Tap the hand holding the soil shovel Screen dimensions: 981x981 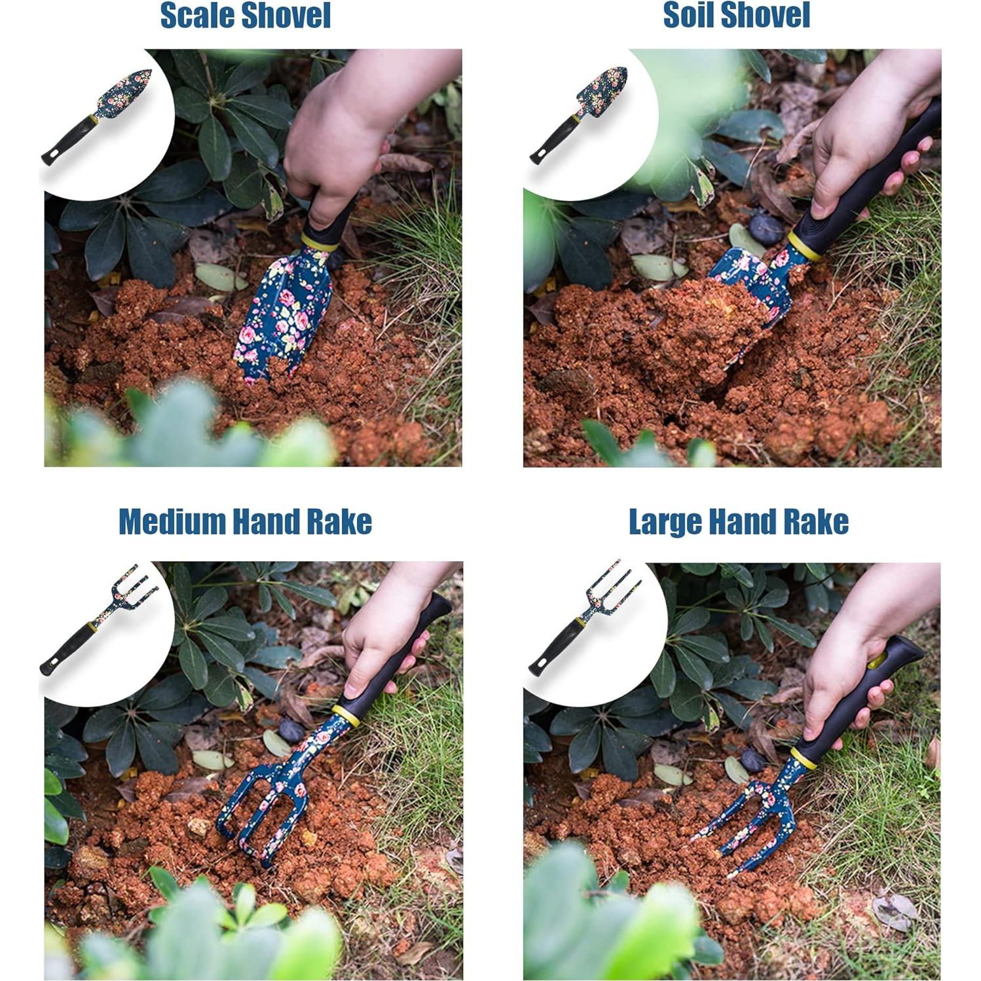point(864,151)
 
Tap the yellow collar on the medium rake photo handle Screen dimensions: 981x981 point(346,715)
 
